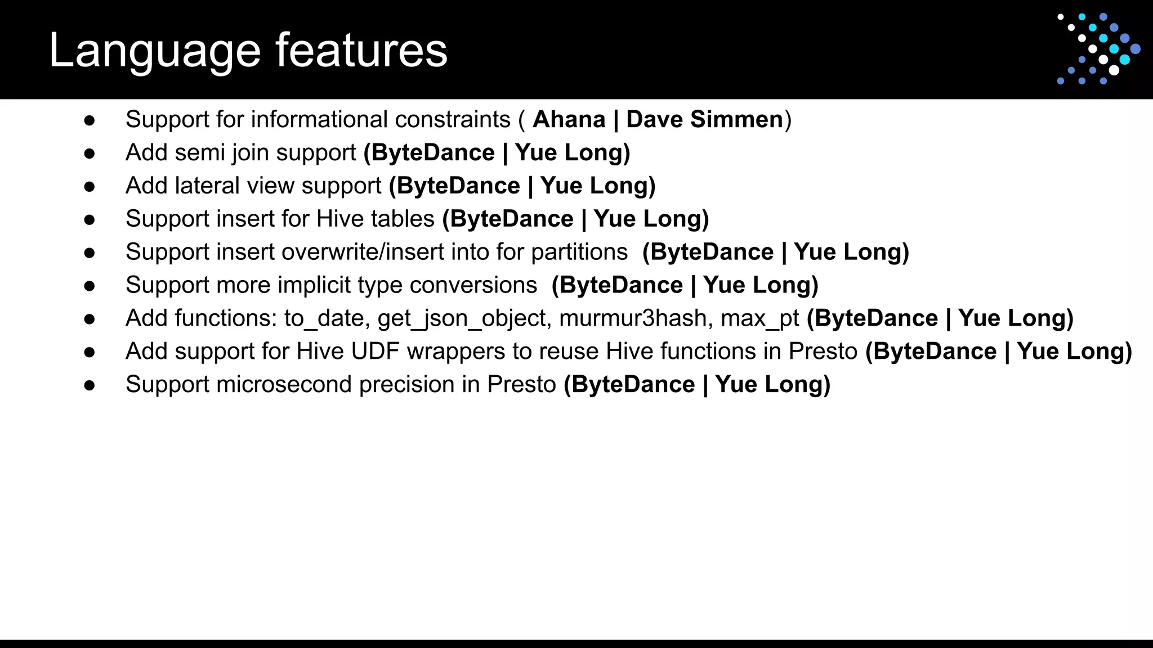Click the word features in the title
361,51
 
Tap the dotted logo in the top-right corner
1098,49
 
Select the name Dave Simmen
704,120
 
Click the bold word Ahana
569,120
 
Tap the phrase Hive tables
376,219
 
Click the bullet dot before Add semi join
89,154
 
